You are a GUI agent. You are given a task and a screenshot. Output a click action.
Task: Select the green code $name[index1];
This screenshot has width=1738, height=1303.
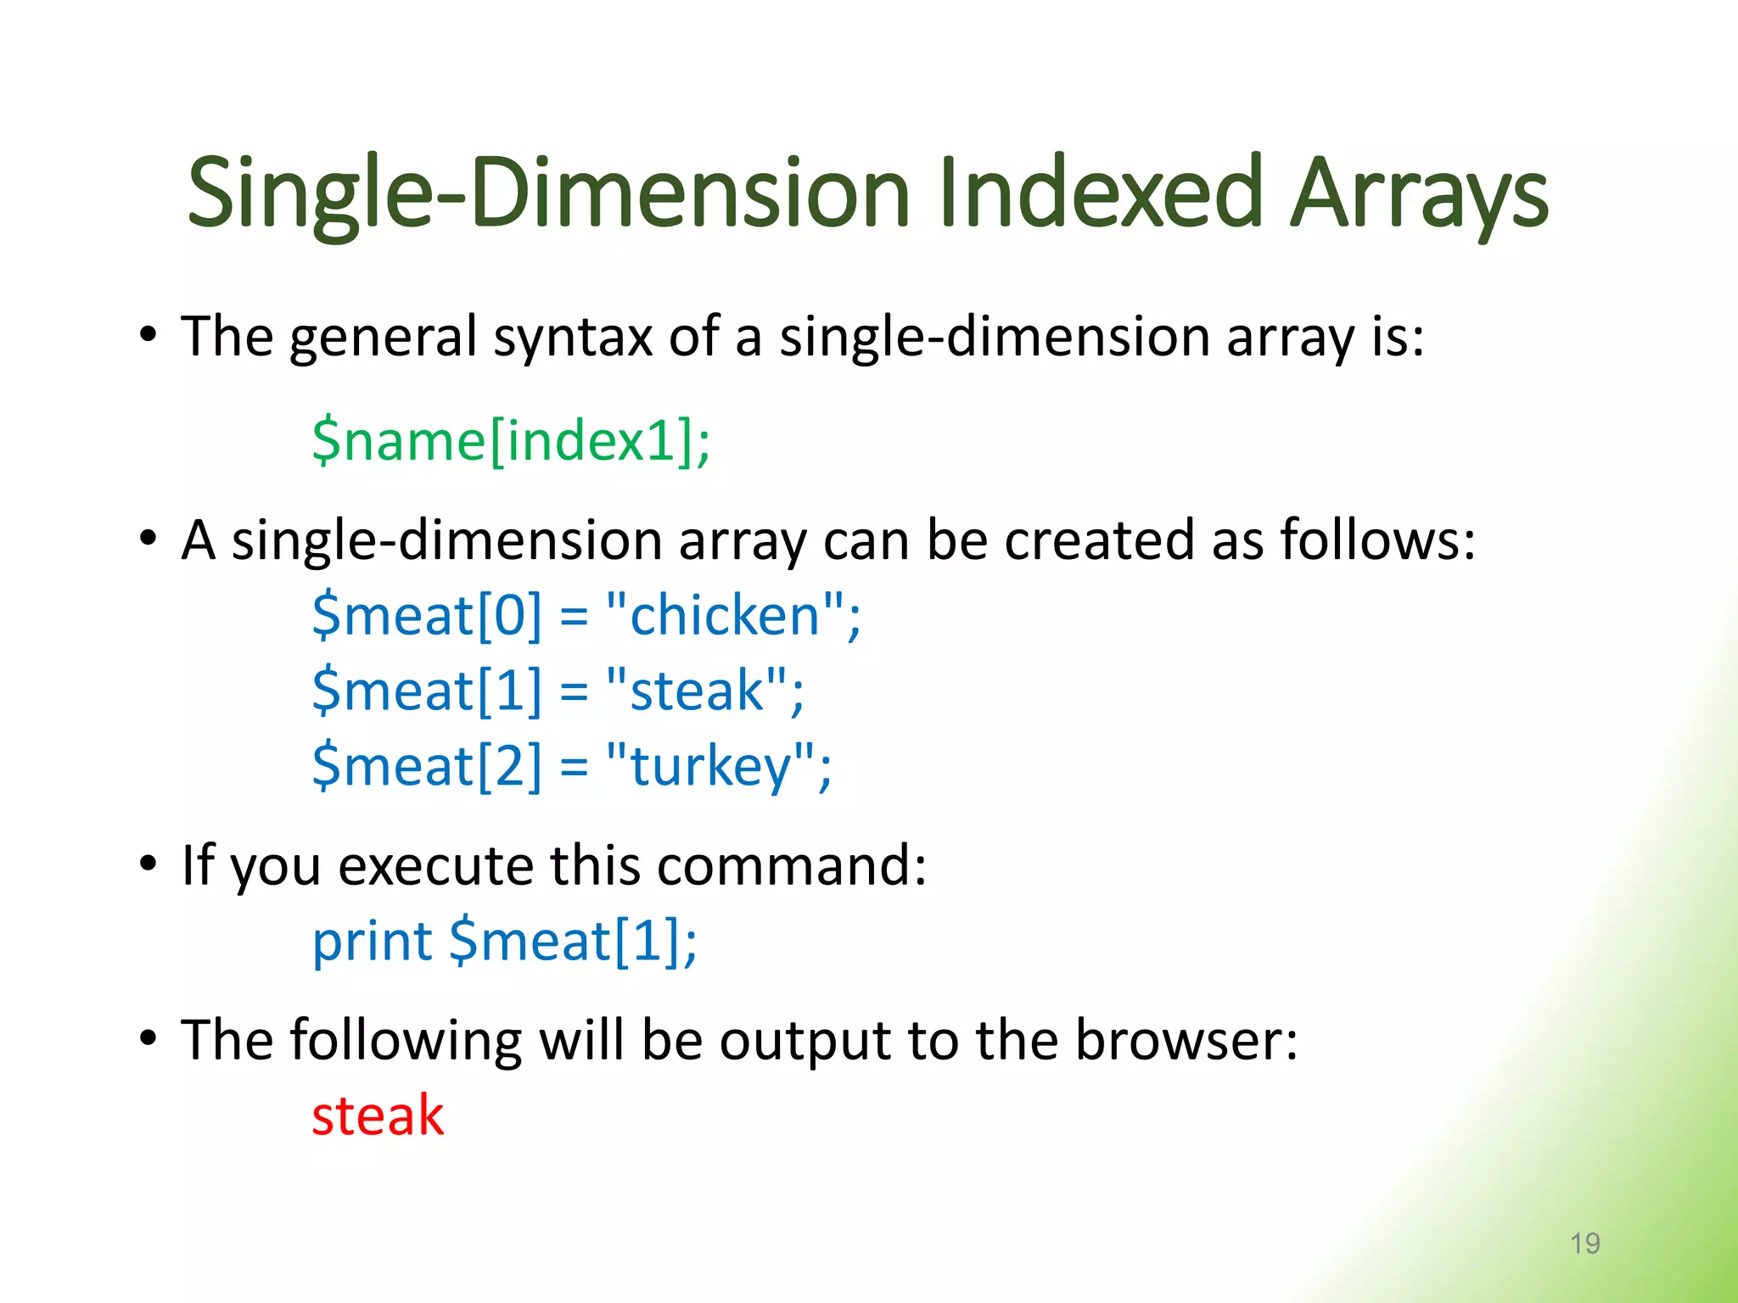pos(511,441)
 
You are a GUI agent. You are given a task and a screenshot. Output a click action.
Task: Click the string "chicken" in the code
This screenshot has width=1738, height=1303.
pos(724,615)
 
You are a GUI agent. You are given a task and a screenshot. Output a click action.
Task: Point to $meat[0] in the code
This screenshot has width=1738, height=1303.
pos(426,615)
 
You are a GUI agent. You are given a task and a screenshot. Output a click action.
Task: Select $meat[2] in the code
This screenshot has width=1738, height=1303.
pos(426,766)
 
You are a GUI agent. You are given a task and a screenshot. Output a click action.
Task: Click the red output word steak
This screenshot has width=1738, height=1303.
pos(378,1116)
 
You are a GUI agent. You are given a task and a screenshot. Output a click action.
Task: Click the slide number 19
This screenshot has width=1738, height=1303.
pos(1584,1244)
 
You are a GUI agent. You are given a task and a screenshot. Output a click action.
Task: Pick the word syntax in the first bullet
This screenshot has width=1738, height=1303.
pos(573,338)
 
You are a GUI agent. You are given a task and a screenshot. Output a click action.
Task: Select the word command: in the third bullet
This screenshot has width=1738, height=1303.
pos(791,866)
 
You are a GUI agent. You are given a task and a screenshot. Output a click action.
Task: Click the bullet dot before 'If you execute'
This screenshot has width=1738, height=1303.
pos(149,864)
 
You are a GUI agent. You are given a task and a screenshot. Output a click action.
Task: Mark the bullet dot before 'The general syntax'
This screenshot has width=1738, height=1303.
pos(149,335)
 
